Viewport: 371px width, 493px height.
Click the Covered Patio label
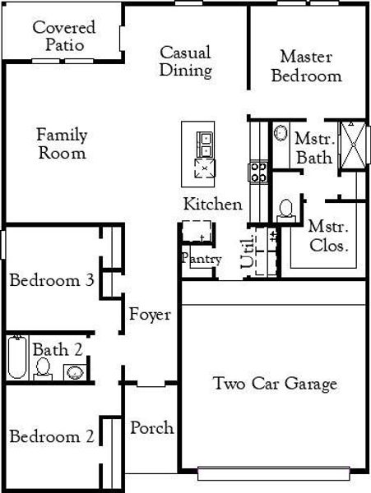click(x=63, y=35)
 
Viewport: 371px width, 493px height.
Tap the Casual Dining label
click(x=185, y=62)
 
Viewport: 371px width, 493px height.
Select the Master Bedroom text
click(x=306, y=67)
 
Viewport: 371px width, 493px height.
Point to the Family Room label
click(x=62, y=144)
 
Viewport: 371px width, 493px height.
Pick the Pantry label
click(x=201, y=259)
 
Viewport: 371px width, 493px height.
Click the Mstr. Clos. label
click(x=327, y=236)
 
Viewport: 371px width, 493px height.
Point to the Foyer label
click(x=150, y=315)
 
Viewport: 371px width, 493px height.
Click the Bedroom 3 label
click(x=51, y=281)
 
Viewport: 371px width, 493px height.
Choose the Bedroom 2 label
click(x=51, y=436)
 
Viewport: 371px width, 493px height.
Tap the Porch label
click(x=152, y=427)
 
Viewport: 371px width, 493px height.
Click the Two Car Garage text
click(x=275, y=384)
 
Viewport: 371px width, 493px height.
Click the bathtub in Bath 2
click(x=16, y=358)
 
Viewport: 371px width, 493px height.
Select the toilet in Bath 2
click(x=43, y=371)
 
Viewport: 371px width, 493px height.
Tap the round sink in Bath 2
click(x=74, y=372)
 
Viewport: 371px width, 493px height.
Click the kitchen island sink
click(x=203, y=143)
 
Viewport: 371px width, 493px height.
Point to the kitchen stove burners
click(x=257, y=172)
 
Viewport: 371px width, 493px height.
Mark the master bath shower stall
click(x=355, y=144)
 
